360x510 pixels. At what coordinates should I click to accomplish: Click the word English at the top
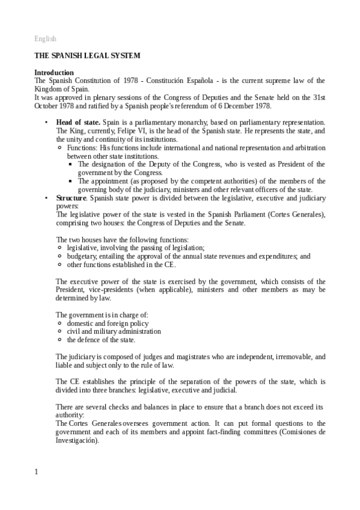[45, 38]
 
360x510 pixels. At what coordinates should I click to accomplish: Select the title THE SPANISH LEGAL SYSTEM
[87, 56]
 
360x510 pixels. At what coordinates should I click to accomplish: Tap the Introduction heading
[54, 72]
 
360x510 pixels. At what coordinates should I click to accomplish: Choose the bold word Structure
[71, 198]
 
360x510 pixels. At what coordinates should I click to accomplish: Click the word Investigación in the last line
[78, 440]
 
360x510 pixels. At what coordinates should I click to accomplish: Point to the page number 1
[36, 472]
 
